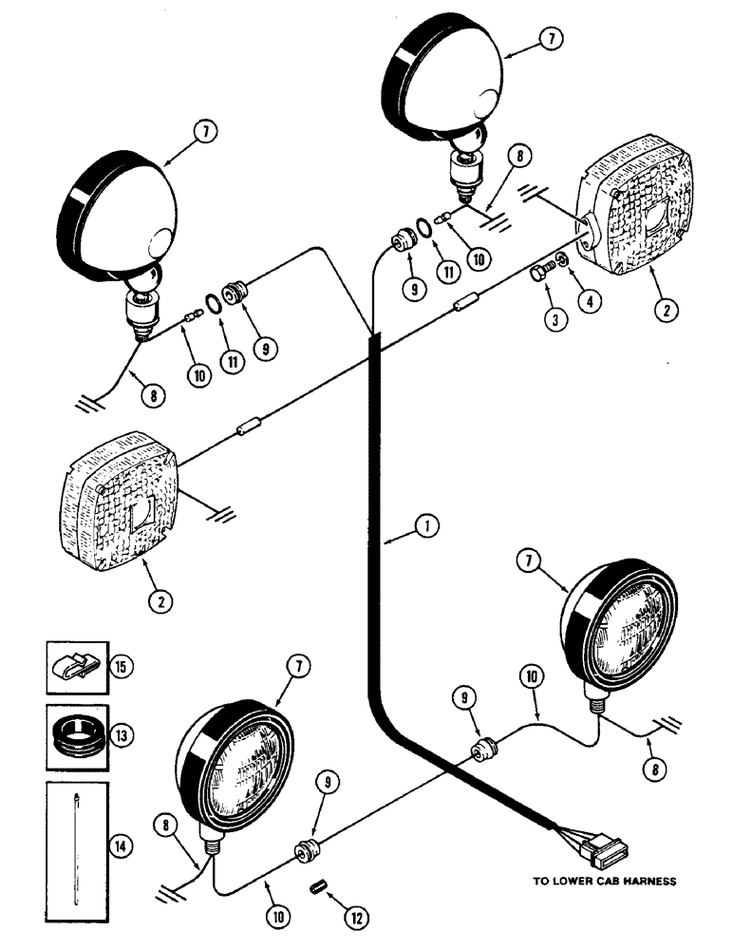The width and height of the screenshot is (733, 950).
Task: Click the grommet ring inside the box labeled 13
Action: pyautogui.click(x=77, y=733)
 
